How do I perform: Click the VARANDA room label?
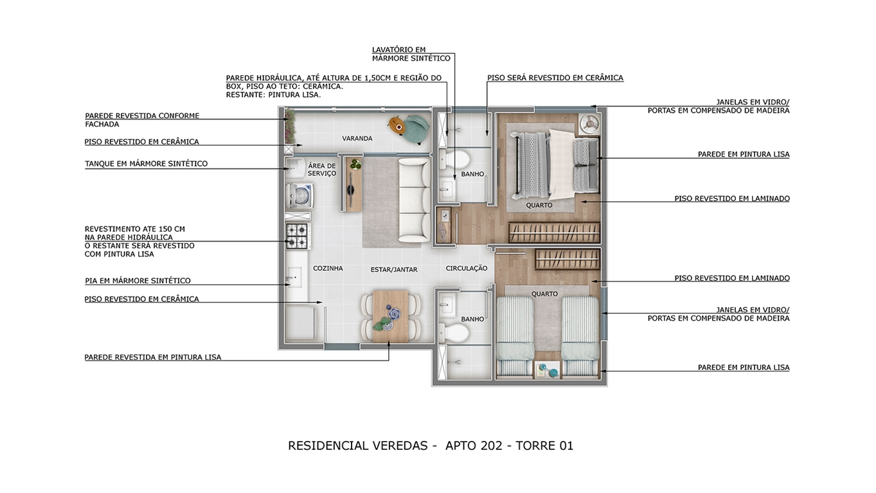[357, 138]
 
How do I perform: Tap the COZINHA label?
[328, 268]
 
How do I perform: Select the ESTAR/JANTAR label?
[394, 269]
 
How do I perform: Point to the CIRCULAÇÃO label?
[467, 268]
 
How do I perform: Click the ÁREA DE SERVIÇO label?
[322, 170]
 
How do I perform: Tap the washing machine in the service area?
[299, 195]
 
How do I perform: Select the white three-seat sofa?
[414, 200]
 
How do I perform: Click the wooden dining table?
[390, 316]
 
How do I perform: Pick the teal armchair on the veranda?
[416, 129]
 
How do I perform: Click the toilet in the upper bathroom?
[454, 159]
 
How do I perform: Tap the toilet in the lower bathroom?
[454, 333]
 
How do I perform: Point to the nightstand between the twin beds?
[548, 370]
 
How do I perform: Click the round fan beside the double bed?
[589, 124]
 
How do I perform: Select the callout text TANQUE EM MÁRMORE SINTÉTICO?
[147, 164]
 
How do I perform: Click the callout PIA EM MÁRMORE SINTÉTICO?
[138, 281]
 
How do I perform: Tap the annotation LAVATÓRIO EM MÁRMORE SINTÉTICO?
[411, 54]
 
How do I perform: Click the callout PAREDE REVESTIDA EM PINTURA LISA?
[153, 357]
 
